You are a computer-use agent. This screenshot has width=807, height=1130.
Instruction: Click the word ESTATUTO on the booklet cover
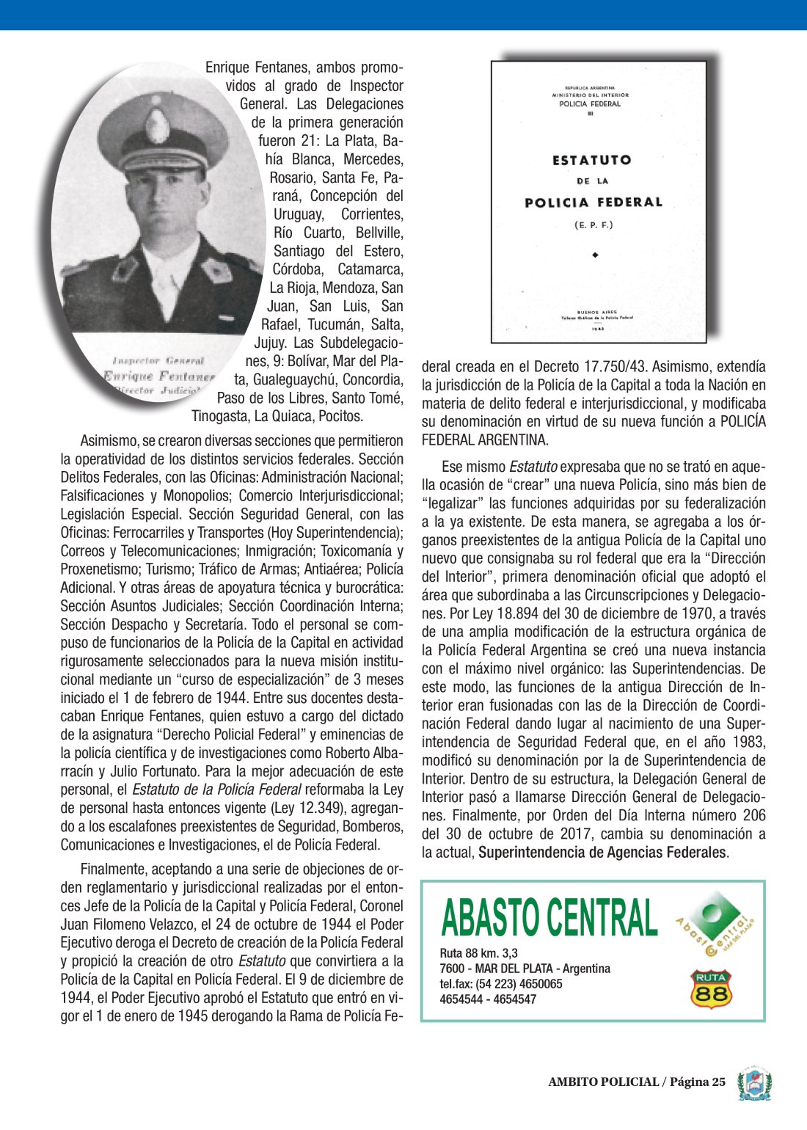tap(591, 160)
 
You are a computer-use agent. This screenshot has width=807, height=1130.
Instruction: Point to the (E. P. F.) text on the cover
tap(593, 225)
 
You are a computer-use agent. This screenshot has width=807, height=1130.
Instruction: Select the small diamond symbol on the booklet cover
tap(595, 255)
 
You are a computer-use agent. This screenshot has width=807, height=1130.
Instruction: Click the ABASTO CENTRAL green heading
tap(549, 917)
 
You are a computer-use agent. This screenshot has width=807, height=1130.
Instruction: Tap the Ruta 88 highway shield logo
tap(710, 988)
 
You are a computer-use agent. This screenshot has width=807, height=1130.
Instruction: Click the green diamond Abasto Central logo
tap(712, 923)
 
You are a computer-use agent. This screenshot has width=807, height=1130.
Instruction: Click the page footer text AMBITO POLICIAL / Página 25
tap(636, 1082)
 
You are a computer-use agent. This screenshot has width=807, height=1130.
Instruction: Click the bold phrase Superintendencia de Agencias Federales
tap(602, 853)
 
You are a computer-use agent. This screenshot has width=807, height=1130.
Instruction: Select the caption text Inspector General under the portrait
tap(158, 360)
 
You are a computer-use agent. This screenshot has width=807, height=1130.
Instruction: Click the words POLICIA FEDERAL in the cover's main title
tap(593, 203)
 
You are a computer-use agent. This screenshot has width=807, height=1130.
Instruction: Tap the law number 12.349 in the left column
tap(291, 809)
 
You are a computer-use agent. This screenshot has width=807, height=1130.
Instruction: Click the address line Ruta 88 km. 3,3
tap(478, 953)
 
